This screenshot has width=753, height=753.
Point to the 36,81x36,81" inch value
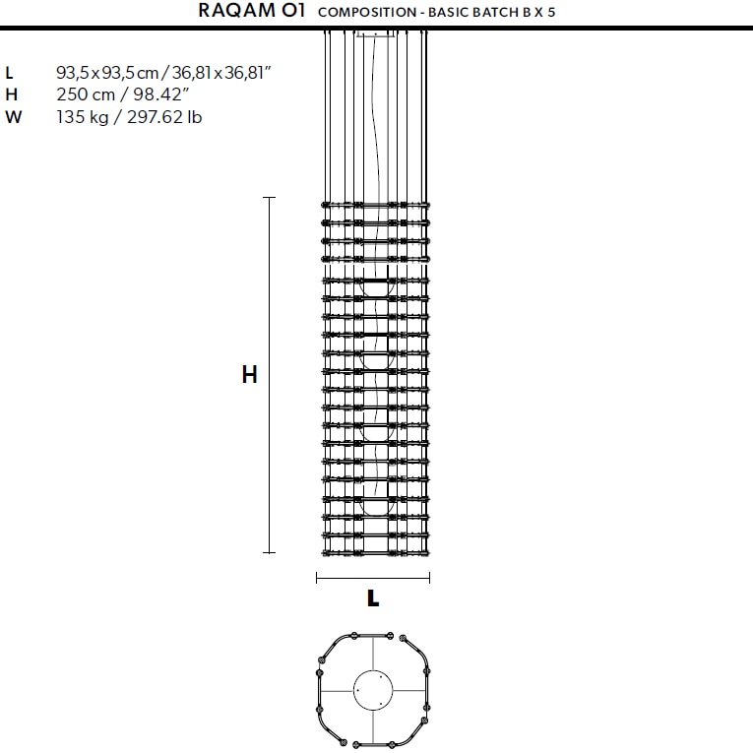219,73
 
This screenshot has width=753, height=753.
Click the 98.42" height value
159,95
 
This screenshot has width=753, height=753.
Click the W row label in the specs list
13,117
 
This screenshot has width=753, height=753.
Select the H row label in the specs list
11,95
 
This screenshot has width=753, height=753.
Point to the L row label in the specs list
10,73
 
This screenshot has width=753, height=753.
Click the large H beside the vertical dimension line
250,375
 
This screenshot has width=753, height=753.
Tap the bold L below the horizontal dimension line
373,597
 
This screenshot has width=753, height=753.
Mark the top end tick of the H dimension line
270,198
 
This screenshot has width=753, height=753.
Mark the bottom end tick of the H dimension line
270,553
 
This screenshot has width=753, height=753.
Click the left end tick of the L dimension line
317,578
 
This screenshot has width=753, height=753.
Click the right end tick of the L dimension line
429,578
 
